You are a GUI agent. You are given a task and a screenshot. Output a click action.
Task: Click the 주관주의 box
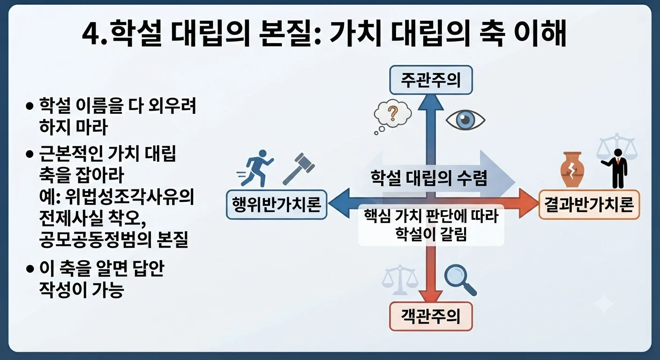coord(431,80)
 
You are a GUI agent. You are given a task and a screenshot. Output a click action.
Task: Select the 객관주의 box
coord(431,316)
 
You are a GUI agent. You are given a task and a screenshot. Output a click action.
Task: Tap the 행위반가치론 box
coord(277,204)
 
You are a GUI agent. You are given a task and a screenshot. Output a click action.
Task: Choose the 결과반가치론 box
coord(589,204)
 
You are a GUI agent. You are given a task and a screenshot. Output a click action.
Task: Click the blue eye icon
coord(465,120)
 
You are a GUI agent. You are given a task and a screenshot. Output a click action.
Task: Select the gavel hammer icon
coord(299,169)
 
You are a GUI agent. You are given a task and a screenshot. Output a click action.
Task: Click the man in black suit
coord(616,168)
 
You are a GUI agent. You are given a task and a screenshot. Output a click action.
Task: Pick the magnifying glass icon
coord(460,280)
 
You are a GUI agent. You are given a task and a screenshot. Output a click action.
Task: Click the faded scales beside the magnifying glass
coord(400,280)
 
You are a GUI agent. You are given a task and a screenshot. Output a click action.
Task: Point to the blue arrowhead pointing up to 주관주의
coord(431,102)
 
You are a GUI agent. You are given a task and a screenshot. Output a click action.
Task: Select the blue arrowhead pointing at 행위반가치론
coord(338,203)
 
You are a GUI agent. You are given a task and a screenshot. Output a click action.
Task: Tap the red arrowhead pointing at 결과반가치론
coord(528,203)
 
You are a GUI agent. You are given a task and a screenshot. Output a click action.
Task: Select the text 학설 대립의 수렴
coord(429,178)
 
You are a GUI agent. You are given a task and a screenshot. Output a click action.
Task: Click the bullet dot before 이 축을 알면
coord(30,269)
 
